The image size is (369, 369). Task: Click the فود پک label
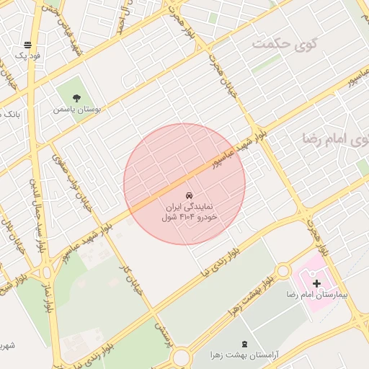29,55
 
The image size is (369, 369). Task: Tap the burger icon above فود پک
27,45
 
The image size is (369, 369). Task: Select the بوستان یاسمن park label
77,110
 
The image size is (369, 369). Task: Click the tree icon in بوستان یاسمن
77,99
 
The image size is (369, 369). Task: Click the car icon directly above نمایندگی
189,196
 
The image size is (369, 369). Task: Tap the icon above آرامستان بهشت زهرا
244,344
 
